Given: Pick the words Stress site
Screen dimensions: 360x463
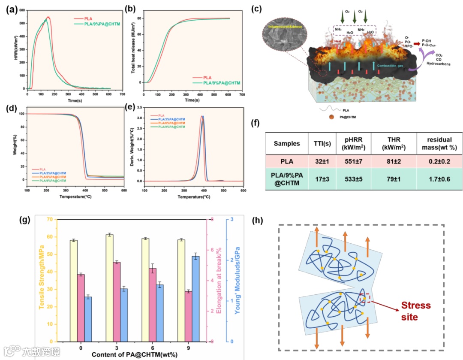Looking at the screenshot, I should (x=415, y=311).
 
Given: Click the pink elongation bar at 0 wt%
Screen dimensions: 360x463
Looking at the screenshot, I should (x=81, y=308).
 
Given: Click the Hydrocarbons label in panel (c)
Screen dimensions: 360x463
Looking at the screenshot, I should (x=436, y=63).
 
